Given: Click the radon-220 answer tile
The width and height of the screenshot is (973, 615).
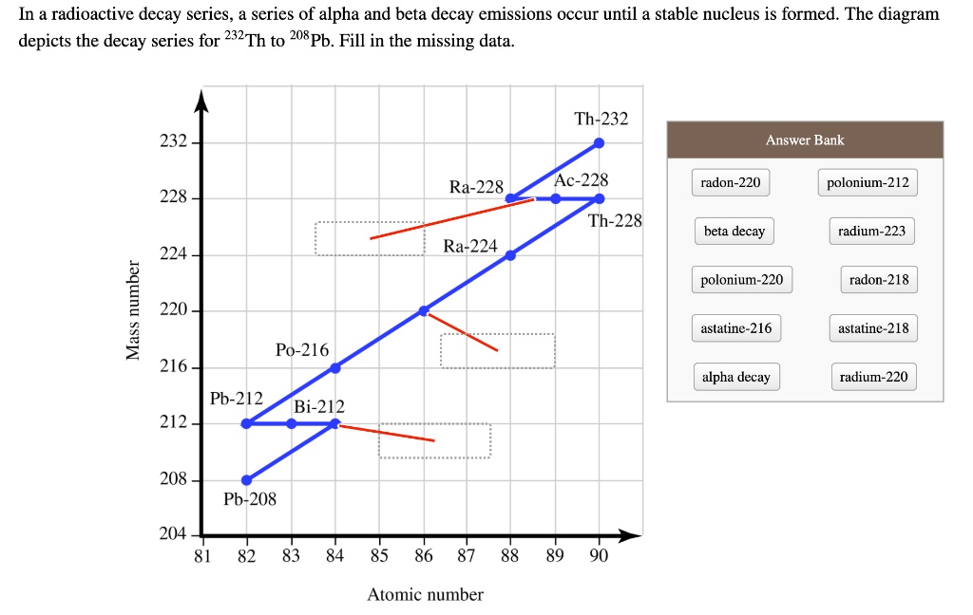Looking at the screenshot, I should click(x=731, y=182).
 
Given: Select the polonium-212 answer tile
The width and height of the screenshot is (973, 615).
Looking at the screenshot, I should click(x=868, y=182).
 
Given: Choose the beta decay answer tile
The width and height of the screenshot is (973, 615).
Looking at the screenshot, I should click(x=735, y=232).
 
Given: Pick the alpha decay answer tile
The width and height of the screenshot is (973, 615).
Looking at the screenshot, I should click(x=736, y=377).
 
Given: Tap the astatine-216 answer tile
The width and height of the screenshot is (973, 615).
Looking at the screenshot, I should click(x=736, y=328).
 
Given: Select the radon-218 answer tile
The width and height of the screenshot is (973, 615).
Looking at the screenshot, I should click(x=879, y=280).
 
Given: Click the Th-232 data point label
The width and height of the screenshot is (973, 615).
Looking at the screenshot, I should click(x=601, y=120).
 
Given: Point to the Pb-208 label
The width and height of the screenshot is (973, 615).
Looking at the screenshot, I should click(x=250, y=499).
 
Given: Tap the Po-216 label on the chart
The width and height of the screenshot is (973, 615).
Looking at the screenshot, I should click(x=302, y=350).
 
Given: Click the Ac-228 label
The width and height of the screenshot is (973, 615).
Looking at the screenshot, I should click(x=581, y=180).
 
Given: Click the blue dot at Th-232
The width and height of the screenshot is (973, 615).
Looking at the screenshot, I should click(x=599, y=143).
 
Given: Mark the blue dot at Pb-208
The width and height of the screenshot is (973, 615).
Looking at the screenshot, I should click(x=247, y=479).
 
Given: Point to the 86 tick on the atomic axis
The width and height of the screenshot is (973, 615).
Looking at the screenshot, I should click(x=423, y=556).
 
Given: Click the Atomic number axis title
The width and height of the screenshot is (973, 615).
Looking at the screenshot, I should click(x=425, y=595).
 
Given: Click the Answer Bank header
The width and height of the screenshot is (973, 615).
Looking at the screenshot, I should click(x=805, y=140).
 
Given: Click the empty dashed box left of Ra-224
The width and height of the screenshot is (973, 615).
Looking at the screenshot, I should click(x=370, y=238).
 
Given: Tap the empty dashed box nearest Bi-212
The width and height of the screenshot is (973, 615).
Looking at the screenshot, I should click(x=434, y=441).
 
